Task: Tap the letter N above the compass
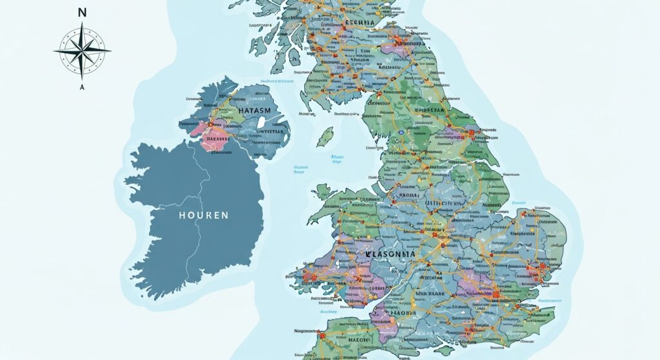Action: [x=82, y=12]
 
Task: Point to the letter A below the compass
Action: [x=82, y=87]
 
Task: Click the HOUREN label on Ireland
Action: [x=203, y=215]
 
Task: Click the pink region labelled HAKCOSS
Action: [x=217, y=138]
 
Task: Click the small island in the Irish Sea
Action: [x=325, y=136]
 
